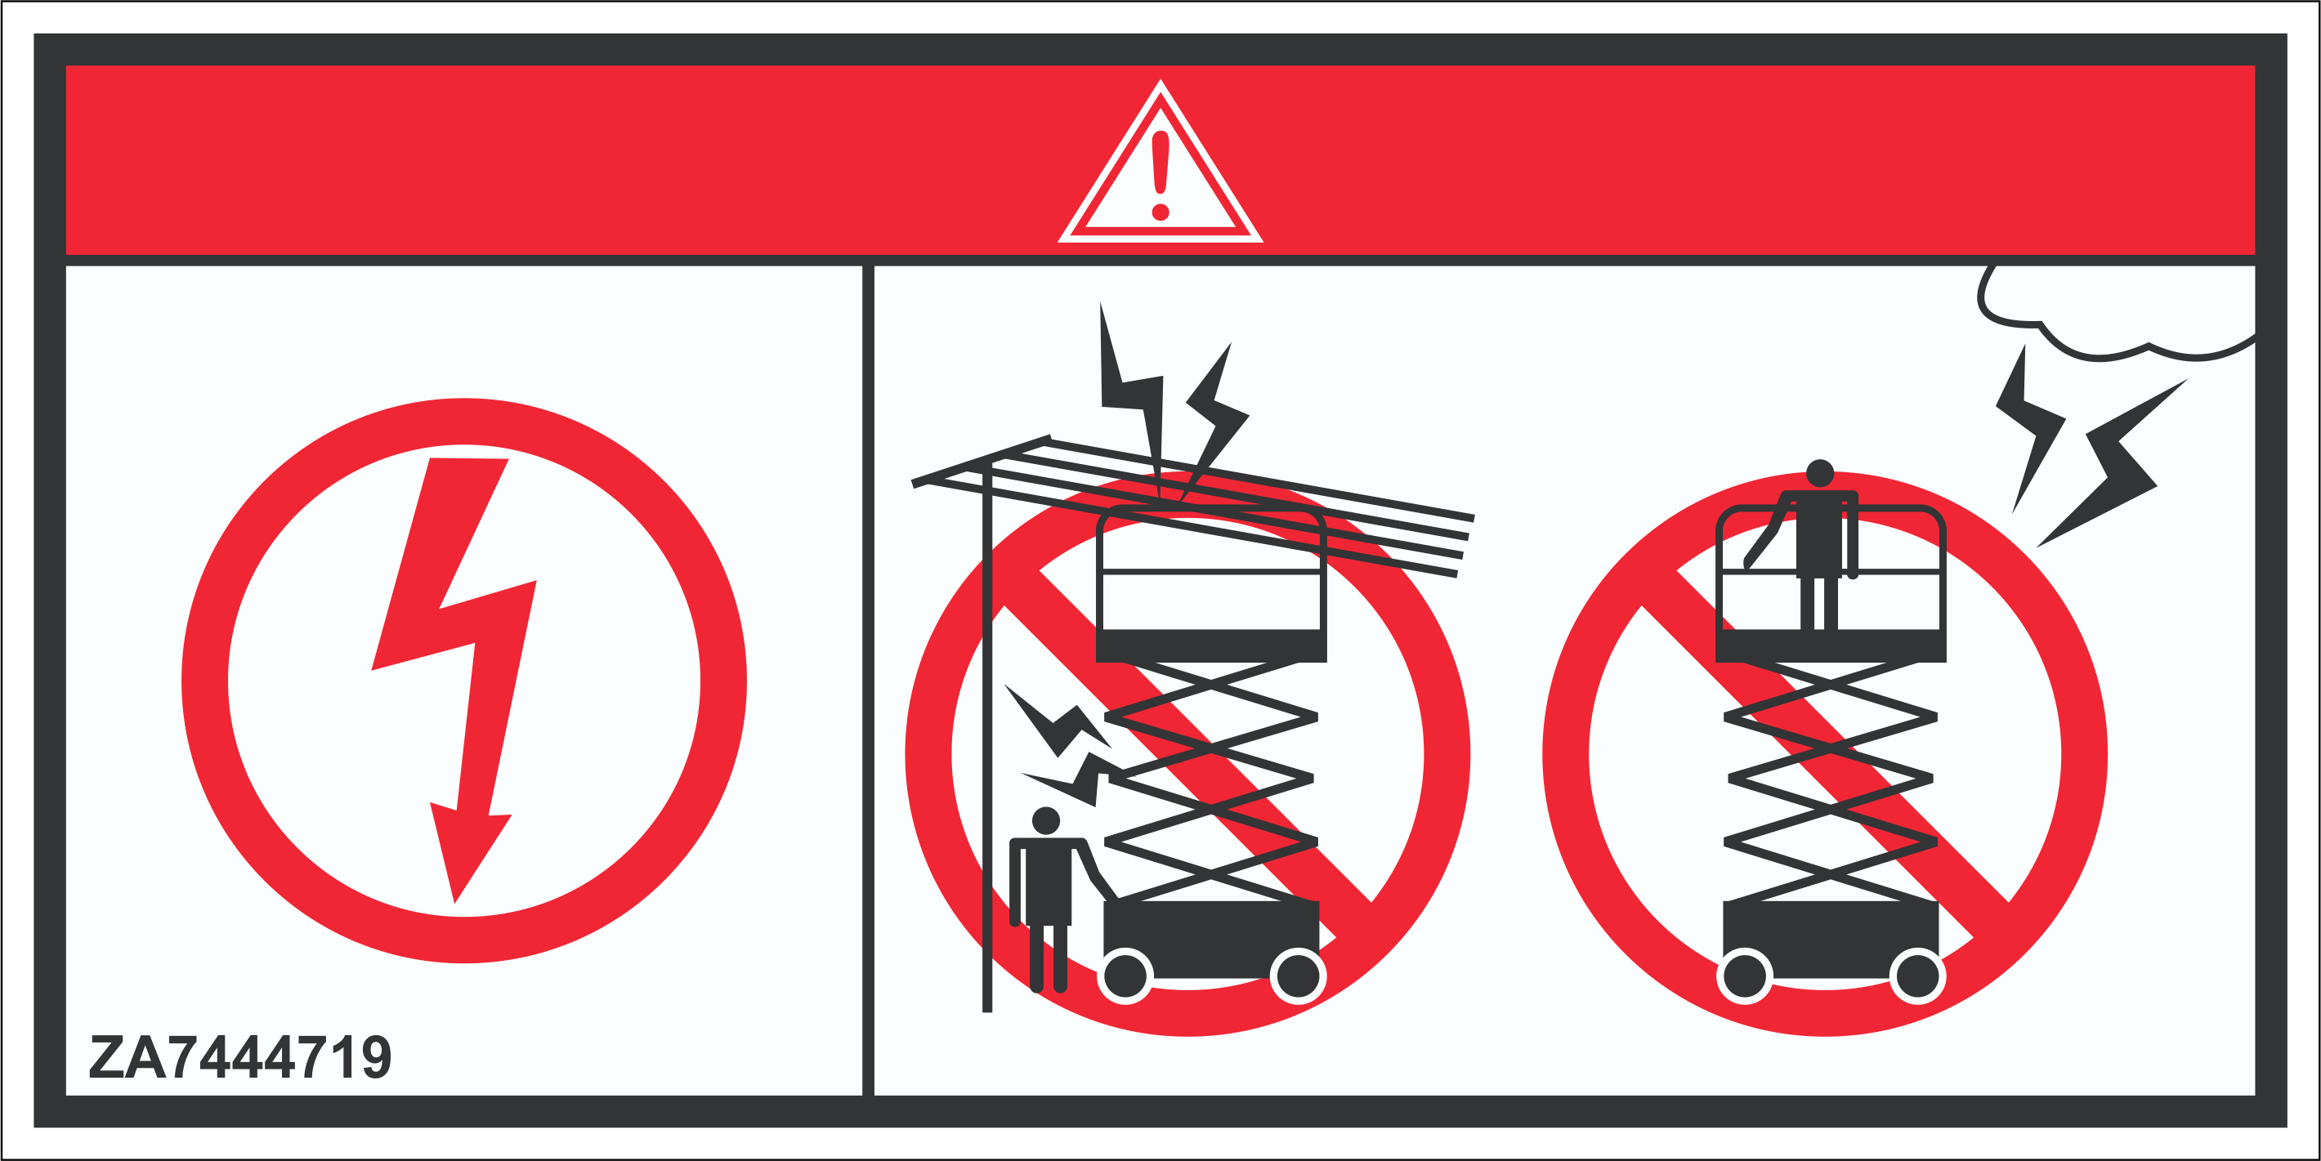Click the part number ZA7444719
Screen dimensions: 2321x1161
click(240, 1056)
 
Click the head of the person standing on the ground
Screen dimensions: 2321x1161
click(1045, 820)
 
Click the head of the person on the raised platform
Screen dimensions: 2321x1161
click(1820, 473)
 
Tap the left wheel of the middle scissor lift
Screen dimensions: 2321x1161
click(1125, 976)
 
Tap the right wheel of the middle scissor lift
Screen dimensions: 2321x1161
click(1298, 976)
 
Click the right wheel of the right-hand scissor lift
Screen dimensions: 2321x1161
click(1917, 976)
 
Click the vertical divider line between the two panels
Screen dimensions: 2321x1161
click(868, 680)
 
